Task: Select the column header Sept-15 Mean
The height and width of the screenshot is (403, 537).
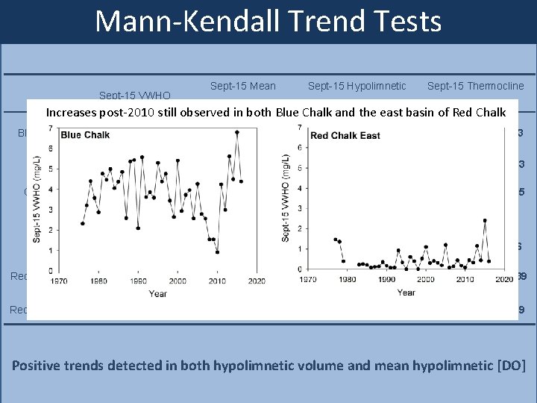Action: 243,86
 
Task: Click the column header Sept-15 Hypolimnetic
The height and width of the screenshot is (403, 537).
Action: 357,86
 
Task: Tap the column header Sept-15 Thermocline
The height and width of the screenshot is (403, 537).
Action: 476,86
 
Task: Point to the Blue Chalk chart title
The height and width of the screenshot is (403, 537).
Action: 85,135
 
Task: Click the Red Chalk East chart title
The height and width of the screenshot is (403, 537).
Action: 345,136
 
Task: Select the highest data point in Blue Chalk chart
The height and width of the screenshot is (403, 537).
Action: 236,133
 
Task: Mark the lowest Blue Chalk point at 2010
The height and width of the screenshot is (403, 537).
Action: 217,252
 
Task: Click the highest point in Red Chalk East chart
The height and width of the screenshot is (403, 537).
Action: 485,221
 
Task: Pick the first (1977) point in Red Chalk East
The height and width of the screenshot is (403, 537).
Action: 335,239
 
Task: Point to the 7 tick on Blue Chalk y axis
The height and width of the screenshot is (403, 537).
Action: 49,128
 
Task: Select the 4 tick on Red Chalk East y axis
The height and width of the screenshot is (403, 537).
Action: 298,188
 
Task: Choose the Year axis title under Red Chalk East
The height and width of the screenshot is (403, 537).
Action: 406,293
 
